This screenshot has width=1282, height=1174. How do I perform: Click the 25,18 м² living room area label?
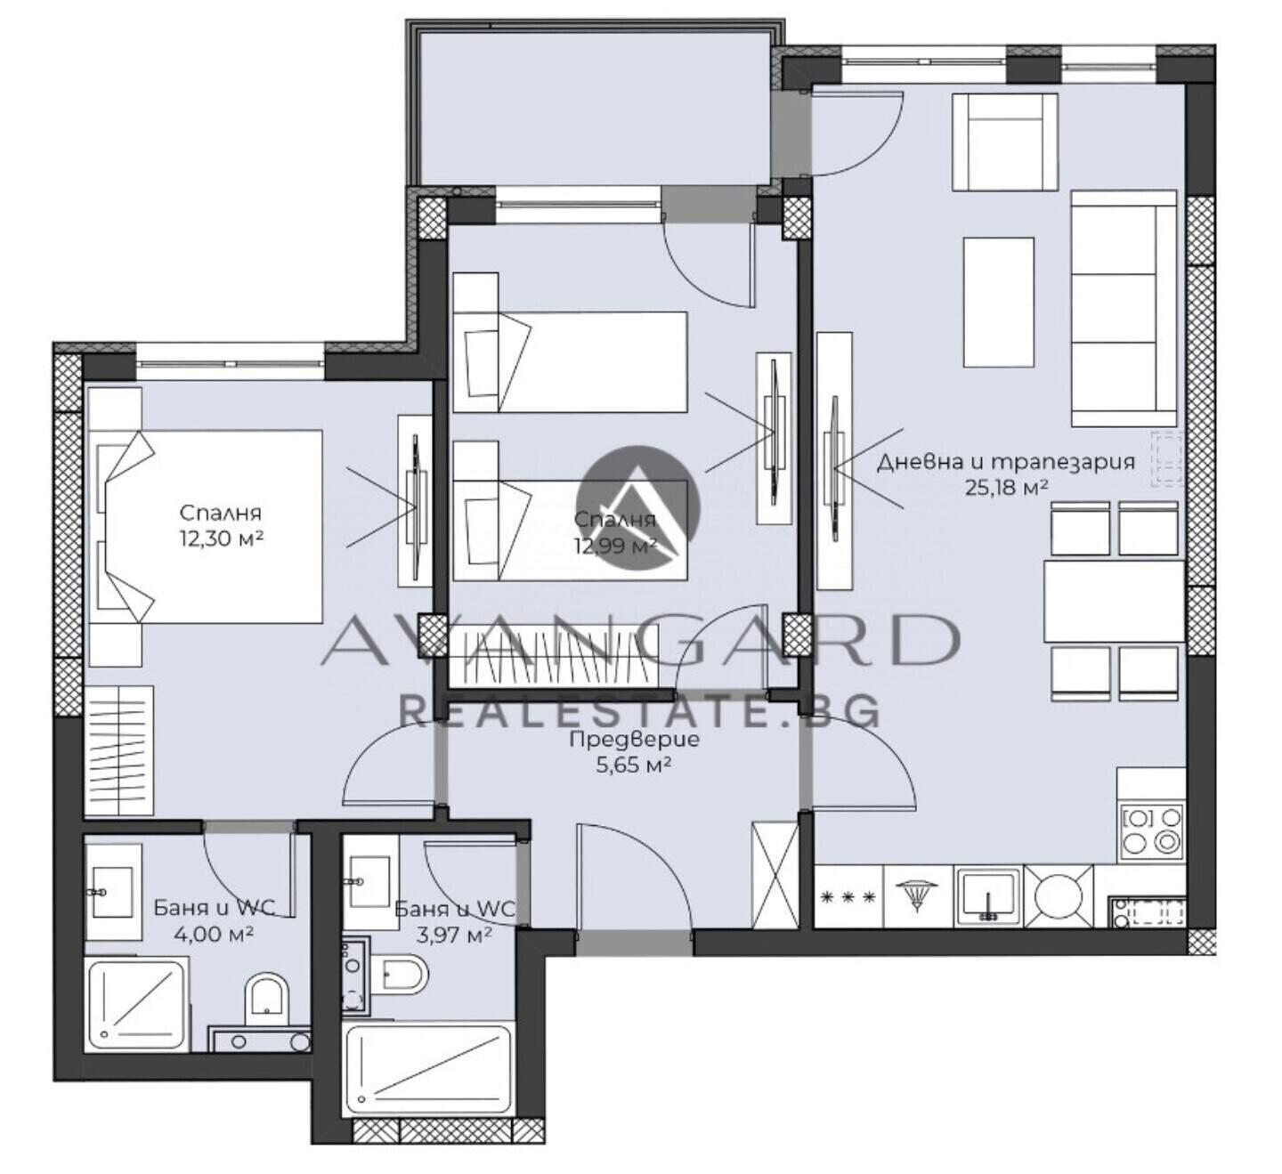point(1006,488)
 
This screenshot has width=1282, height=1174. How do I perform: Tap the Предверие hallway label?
point(634,740)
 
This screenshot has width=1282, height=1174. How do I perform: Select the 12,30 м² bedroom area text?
point(222,538)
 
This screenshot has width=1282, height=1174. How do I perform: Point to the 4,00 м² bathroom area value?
point(214,935)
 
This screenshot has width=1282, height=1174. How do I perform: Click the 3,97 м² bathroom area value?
point(454,935)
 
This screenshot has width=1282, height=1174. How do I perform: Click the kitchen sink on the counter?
point(988,896)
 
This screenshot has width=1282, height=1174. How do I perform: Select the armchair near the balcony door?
point(1004,142)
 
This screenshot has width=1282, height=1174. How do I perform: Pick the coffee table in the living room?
point(998,303)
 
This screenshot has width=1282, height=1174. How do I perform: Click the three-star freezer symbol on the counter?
point(848,897)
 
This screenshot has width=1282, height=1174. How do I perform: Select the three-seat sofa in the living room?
point(1124,308)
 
